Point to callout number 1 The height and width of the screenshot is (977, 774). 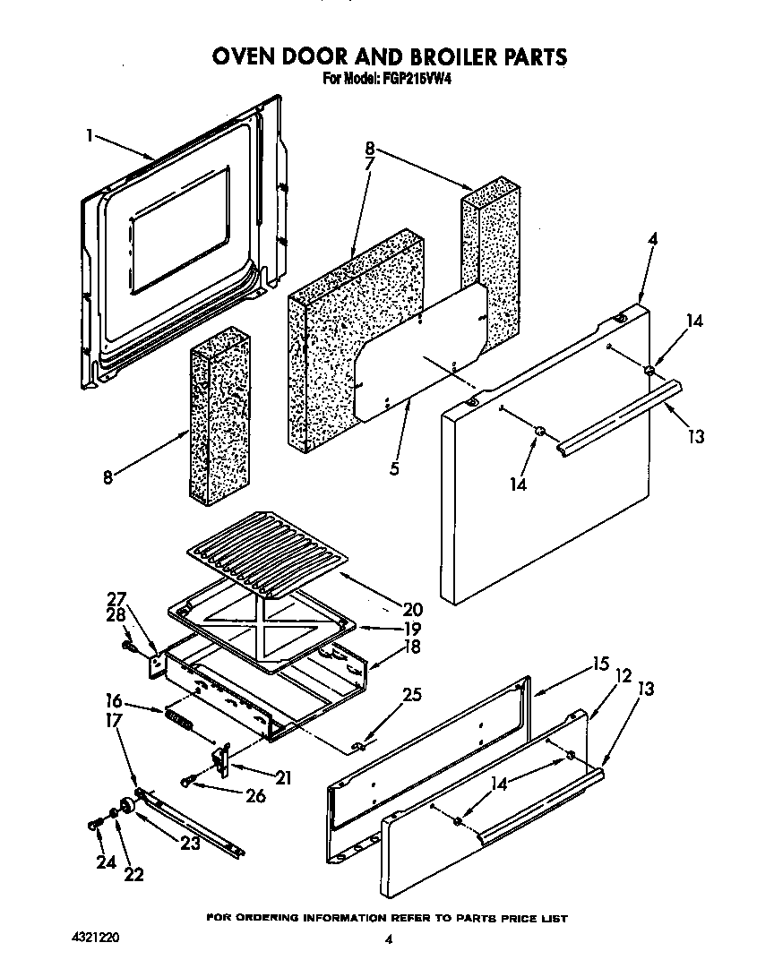coord(90,135)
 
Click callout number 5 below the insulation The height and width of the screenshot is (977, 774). coord(394,467)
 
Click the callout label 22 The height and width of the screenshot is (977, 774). coord(134,874)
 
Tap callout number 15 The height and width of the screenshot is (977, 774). coord(599,664)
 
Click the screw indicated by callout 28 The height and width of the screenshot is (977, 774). coord(129,643)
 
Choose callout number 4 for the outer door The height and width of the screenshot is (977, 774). coord(652,239)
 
